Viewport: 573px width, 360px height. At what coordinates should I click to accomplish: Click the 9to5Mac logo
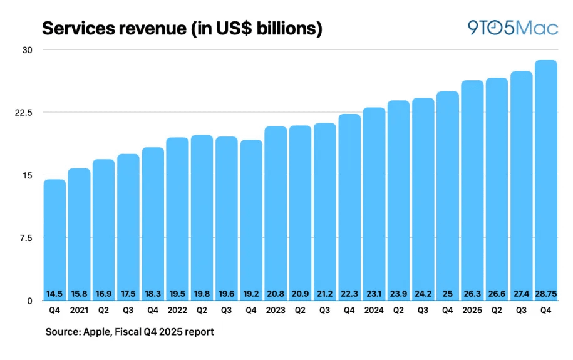[512, 28]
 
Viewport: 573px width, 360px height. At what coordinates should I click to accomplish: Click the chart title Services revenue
[181, 28]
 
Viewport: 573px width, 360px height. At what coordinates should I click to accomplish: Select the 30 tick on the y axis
[28, 50]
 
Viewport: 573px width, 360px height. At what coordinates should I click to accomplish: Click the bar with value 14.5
[54, 238]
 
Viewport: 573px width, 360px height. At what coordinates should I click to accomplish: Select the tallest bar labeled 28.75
[546, 182]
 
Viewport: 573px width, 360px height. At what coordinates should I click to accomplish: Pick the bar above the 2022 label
[177, 219]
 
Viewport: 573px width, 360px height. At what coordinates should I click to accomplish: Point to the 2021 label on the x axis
[79, 310]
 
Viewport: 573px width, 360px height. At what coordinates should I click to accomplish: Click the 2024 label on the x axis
[374, 310]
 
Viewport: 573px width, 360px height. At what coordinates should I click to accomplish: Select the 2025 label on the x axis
[472, 310]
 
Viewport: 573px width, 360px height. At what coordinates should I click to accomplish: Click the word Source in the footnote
[62, 332]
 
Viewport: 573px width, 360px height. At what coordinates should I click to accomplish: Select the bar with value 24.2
[423, 200]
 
